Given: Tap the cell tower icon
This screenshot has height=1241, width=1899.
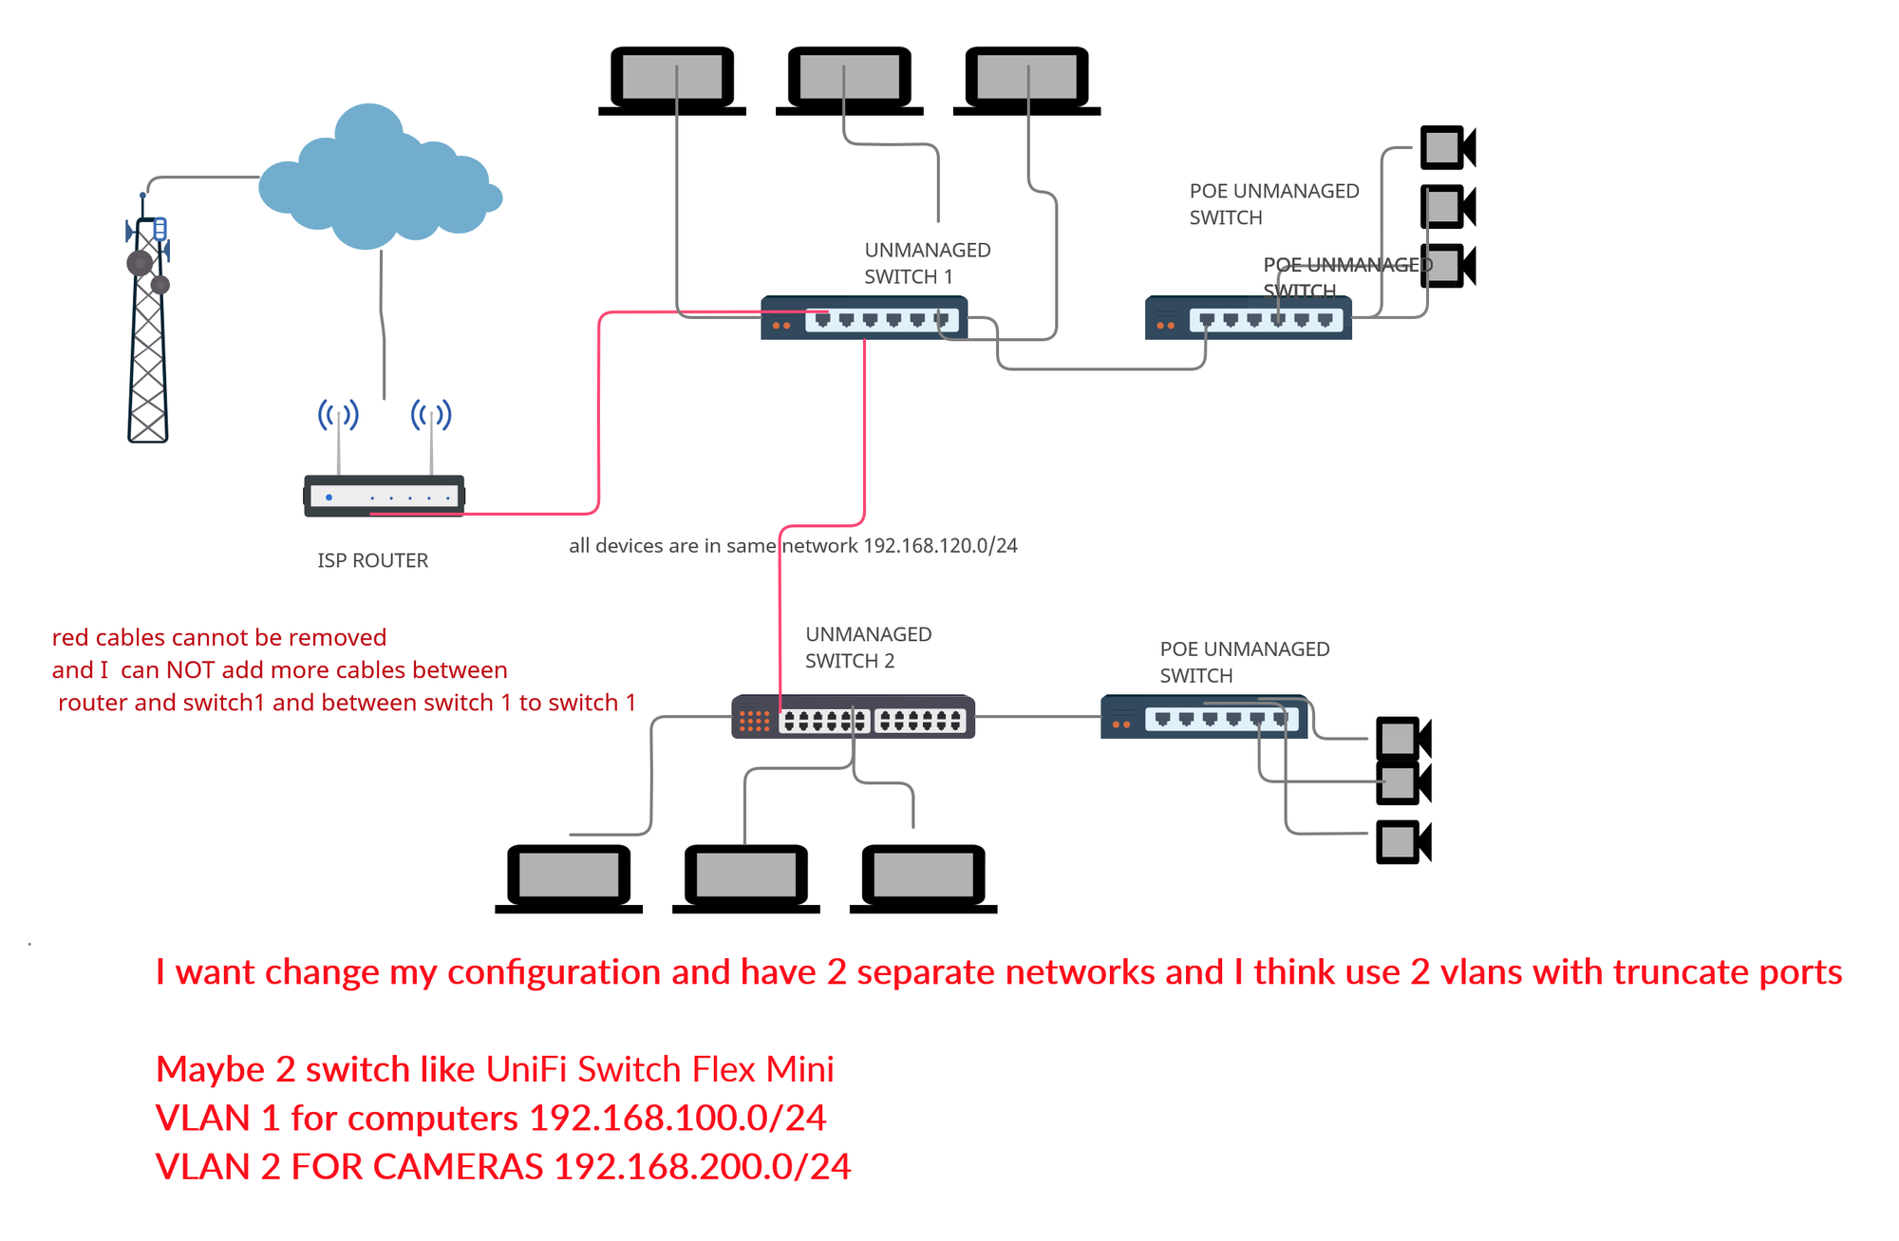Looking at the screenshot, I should click(148, 323).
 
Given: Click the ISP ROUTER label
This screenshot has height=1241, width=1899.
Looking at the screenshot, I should click(372, 560).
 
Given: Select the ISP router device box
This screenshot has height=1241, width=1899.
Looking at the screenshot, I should click(384, 496).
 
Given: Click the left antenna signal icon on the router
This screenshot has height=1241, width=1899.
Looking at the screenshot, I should click(338, 416).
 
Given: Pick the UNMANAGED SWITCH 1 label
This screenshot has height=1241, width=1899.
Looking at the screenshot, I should click(926, 263).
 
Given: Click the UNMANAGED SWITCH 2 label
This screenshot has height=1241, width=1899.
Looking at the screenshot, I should click(867, 648).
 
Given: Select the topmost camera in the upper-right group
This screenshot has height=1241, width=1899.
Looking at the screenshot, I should click(1446, 148).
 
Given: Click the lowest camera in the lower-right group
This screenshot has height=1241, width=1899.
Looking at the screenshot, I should click(1402, 842).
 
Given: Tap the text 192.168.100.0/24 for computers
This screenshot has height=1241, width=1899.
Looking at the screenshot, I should click(677, 1119).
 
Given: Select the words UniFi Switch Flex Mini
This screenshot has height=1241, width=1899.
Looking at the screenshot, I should click(660, 1070).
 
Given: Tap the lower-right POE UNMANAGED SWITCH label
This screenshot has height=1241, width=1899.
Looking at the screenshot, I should click(1243, 663).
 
